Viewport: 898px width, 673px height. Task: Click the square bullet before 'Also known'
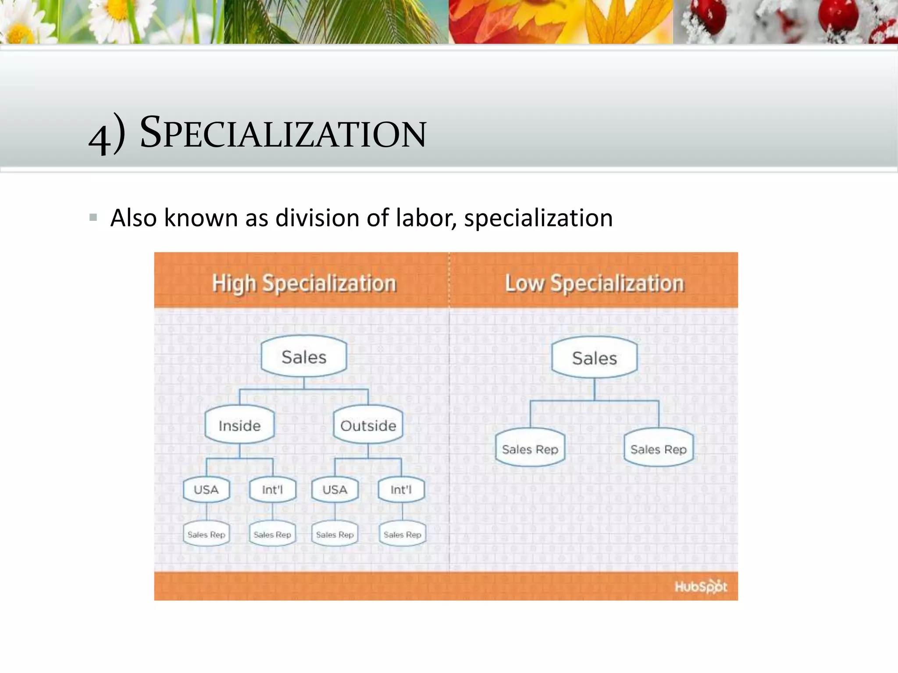(x=93, y=217)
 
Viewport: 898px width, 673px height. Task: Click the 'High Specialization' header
(x=304, y=283)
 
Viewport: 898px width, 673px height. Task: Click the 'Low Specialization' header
(x=594, y=283)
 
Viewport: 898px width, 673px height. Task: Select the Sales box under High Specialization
(x=304, y=357)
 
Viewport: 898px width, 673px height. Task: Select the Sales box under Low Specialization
(x=594, y=358)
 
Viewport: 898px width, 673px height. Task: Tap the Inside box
(x=239, y=425)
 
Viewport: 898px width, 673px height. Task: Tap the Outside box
(x=368, y=425)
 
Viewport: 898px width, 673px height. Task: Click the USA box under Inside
(x=206, y=489)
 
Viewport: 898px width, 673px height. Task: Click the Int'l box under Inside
(x=272, y=489)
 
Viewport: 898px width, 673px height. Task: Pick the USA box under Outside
(x=335, y=489)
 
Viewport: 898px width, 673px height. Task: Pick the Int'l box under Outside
(x=401, y=489)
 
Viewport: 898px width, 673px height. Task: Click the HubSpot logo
(x=700, y=586)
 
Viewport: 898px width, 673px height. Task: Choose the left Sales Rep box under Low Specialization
(x=530, y=449)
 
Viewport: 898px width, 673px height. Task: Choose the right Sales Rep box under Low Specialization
(x=658, y=449)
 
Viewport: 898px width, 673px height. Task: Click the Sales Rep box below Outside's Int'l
(x=402, y=534)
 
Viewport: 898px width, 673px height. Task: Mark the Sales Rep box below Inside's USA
(x=206, y=534)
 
